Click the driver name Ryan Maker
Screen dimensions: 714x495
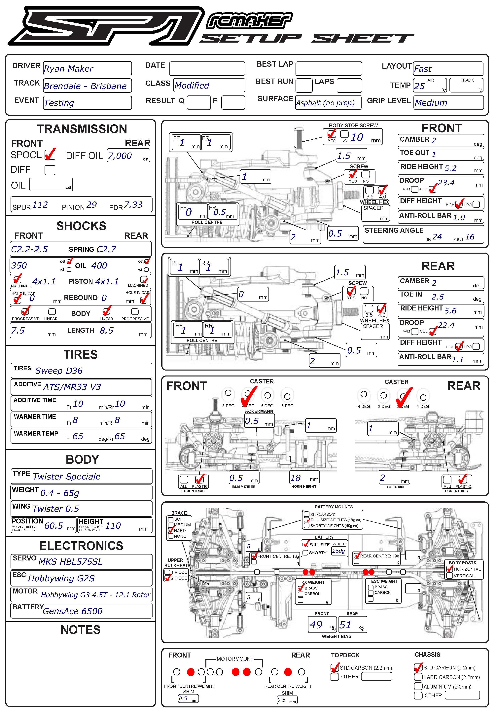pyautogui.click(x=69, y=69)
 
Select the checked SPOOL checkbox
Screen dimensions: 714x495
pyautogui.click(x=50, y=154)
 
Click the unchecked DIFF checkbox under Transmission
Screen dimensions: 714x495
pyautogui.click(x=50, y=170)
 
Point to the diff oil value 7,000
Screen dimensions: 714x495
pyautogui.click(x=120, y=156)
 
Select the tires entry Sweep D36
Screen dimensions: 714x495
pyautogui.click(x=59, y=371)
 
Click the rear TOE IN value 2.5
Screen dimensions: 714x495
pyautogui.click(x=437, y=297)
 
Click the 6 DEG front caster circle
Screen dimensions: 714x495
pyautogui.click(x=287, y=396)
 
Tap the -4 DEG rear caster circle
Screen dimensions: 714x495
pyautogui.click(x=364, y=395)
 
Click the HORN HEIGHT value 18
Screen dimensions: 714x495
pyautogui.click(x=296, y=478)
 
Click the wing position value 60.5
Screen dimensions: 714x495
pyautogui.click(x=54, y=526)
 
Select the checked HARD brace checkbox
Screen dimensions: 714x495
pyautogui.click(x=171, y=530)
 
